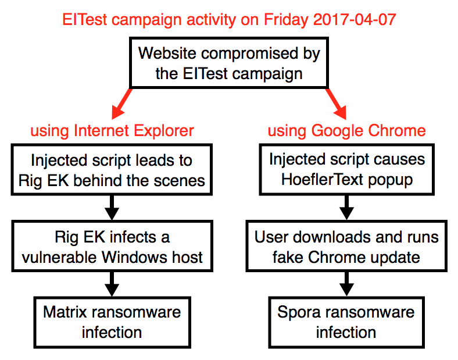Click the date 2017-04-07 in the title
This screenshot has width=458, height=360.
point(355,20)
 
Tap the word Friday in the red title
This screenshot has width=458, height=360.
point(286,20)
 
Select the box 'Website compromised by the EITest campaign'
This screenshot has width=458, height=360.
point(229,63)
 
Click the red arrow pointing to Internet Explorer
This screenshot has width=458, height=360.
point(122,104)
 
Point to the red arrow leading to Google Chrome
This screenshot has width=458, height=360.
point(336,104)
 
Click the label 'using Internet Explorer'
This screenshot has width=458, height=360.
point(112,131)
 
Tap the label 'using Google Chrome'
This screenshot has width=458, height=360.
point(347,131)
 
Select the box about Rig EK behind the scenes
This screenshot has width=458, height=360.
point(112,169)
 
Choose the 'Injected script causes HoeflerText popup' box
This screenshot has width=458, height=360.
point(347,169)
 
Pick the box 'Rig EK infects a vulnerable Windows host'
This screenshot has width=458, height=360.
point(112,246)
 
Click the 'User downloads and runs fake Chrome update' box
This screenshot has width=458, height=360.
point(346,246)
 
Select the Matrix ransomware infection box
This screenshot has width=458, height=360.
point(112,323)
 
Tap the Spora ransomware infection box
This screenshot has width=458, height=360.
point(346,323)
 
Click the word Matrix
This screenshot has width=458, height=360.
point(65,312)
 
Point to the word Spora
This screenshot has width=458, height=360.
point(299,313)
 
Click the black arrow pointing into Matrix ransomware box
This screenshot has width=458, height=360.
point(112,284)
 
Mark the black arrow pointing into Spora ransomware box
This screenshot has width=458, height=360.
point(347,284)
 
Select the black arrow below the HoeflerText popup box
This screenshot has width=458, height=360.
point(347,208)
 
